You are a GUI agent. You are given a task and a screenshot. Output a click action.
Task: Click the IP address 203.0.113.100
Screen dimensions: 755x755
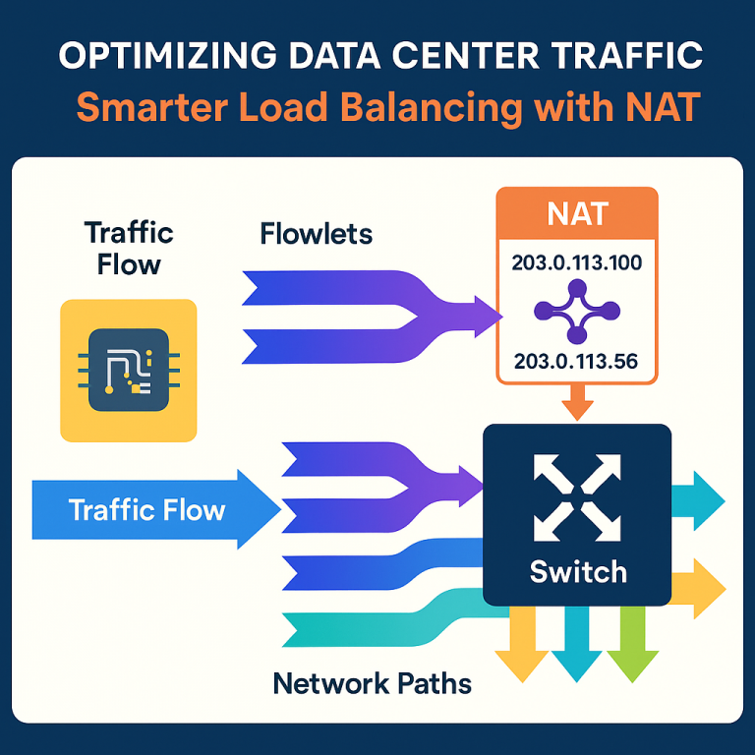coord(575,262)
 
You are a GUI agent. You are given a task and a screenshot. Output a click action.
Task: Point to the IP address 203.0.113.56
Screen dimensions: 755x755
coord(575,362)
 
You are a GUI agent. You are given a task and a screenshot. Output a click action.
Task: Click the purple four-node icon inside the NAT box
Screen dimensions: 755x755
coord(576,312)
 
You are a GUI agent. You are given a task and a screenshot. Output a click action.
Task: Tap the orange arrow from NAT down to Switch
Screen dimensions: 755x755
coord(576,404)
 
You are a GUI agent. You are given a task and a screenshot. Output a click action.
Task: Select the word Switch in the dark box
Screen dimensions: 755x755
coord(577,570)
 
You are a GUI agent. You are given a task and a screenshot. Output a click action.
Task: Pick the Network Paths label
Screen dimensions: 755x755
coord(372,682)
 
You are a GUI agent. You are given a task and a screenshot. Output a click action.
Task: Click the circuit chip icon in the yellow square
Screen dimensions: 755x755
coord(128,369)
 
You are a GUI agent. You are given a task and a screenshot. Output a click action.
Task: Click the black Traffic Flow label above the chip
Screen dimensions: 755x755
coord(129,248)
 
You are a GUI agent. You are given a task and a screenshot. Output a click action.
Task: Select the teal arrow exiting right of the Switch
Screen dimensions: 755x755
coord(700,500)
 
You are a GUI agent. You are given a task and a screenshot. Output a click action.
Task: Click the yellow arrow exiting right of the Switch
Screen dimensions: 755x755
coord(700,589)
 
